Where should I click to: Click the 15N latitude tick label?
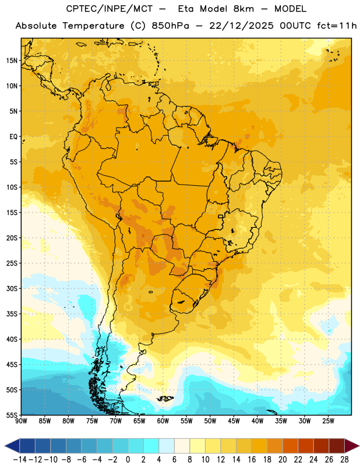[x=12, y=61]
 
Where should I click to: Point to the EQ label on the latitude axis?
[x=13, y=137]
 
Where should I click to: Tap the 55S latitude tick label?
[x=12, y=415]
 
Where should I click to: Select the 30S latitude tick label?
[x=12, y=288]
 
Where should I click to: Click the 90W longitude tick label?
[x=21, y=421]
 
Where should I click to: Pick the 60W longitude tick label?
[x=163, y=421]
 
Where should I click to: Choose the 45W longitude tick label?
[x=234, y=421]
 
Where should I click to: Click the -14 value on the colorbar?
[x=20, y=460]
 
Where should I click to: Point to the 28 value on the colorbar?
[x=344, y=460]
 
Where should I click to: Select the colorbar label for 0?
[x=128, y=460]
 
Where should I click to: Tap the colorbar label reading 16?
[x=252, y=460]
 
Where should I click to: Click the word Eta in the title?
[x=186, y=9]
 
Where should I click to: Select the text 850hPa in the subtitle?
[x=170, y=26]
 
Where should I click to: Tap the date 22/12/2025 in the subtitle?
[x=241, y=26]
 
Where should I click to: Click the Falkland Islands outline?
[x=165, y=398]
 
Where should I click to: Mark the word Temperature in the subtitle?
[x=93, y=26]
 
